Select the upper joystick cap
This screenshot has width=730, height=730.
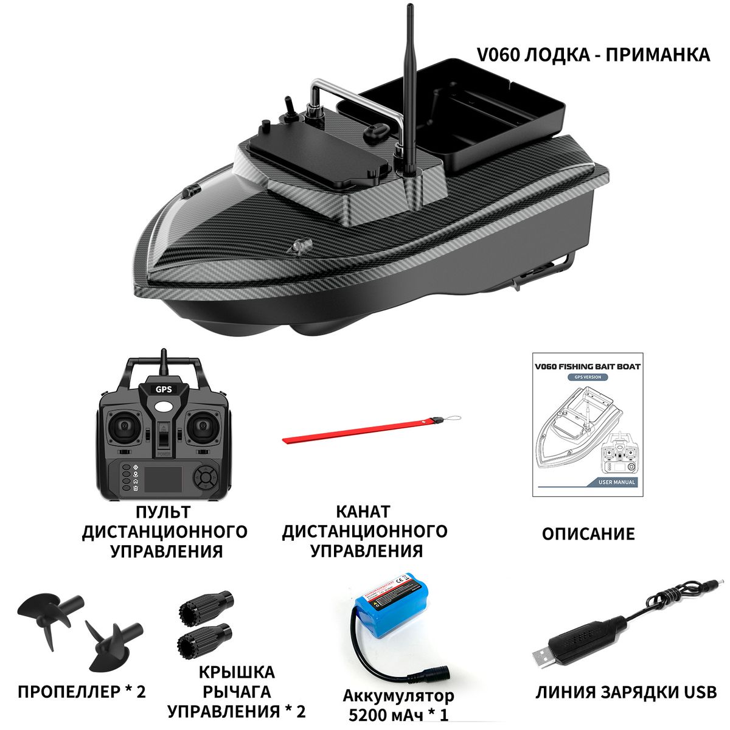coord(205,604)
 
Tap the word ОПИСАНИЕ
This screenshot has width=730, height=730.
coord(588,534)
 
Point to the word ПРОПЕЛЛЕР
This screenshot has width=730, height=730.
coord(66,692)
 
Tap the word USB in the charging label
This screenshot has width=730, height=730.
coord(700,692)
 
